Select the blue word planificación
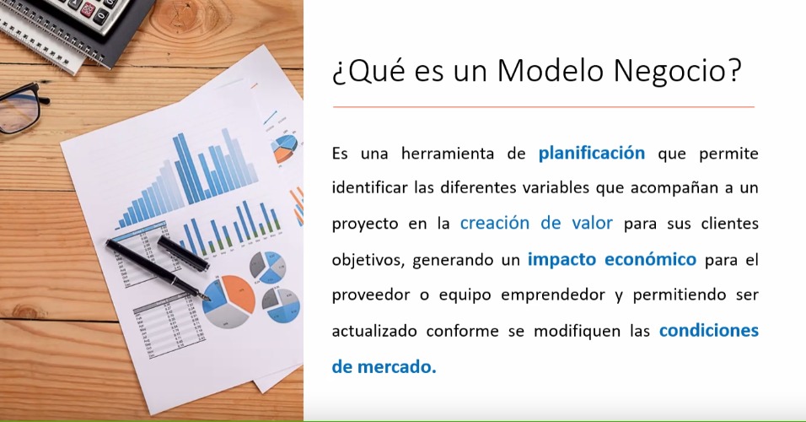pos(592,154)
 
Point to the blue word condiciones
pos(709,330)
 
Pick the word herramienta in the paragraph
pos(447,154)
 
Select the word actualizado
pos(374,330)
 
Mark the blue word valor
pos(592,224)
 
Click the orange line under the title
pos(543,107)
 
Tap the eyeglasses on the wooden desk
pos(19,109)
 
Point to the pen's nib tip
pos(209,300)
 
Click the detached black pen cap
pos(183,253)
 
